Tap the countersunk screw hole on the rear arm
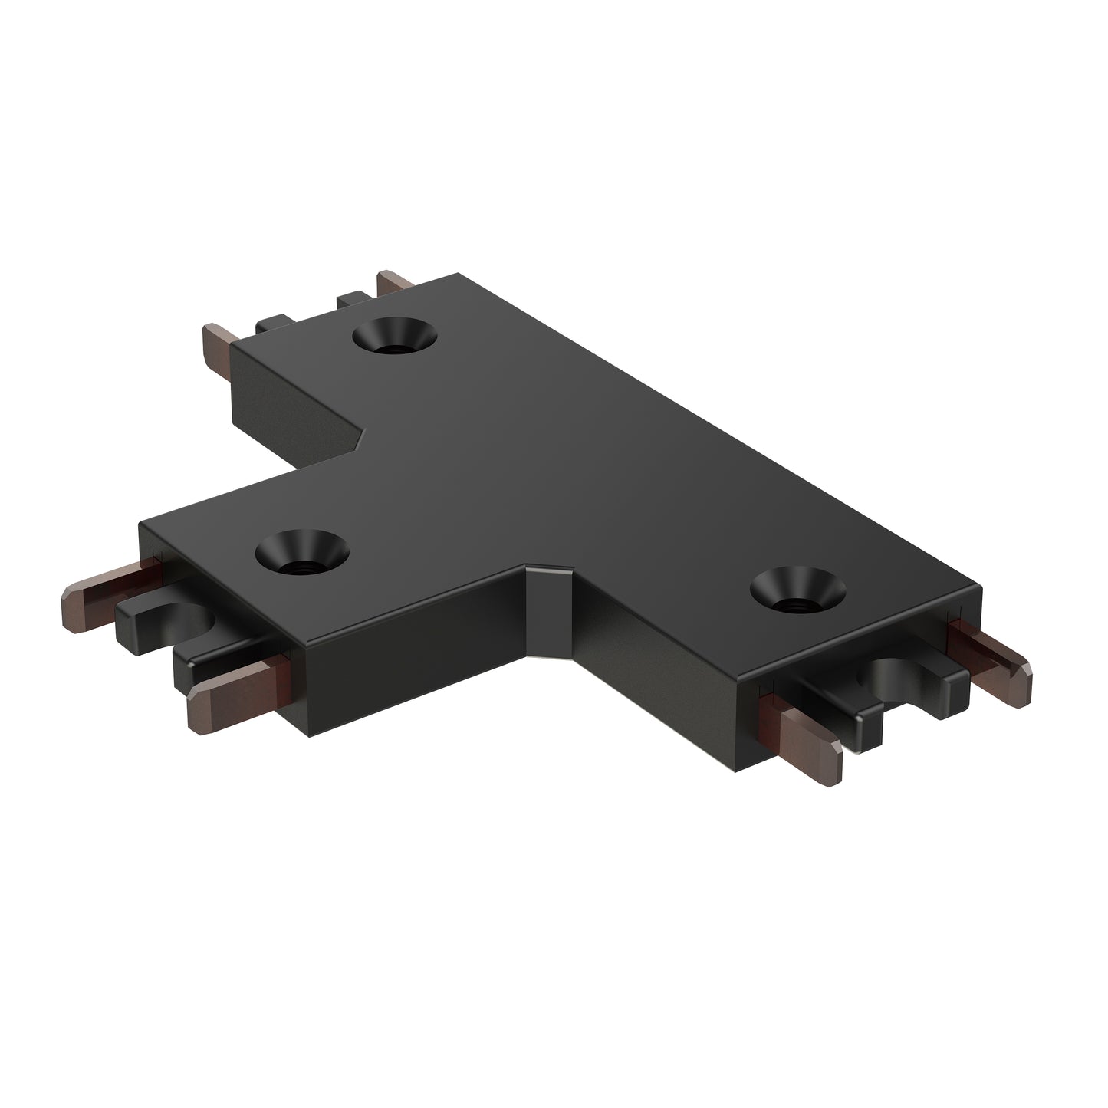coord(396,337)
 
